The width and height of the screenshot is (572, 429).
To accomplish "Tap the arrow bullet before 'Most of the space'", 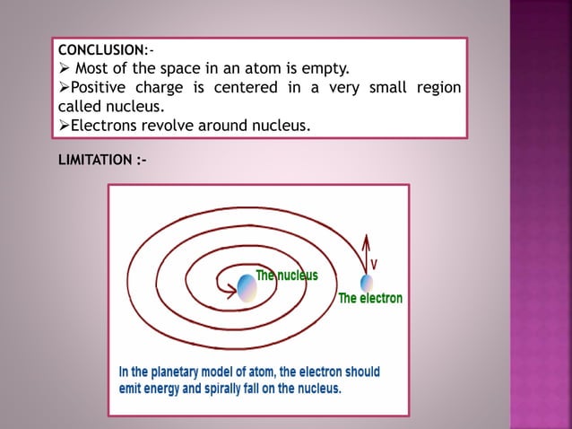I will click(63, 67).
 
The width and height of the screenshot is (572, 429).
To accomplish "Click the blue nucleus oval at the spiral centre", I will click(247, 286).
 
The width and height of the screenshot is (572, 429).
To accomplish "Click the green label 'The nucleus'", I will click(286, 276).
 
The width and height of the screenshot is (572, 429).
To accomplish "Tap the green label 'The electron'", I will click(369, 299).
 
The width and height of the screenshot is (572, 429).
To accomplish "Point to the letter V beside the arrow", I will click(374, 264).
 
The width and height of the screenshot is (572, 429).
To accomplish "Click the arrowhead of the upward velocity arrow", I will click(365, 238).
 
